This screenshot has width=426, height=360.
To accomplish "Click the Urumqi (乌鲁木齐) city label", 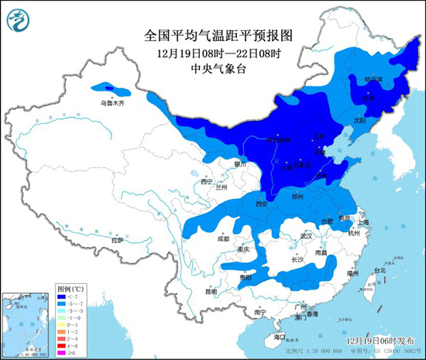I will [x=111, y=102].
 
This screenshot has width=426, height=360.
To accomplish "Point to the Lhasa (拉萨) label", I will [x=117, y=241].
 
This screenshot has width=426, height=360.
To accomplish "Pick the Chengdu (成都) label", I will [x=224, y=239].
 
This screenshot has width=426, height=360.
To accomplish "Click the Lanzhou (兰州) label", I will [x=222, y=187].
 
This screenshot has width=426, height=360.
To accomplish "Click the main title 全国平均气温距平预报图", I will [x=211, y=36].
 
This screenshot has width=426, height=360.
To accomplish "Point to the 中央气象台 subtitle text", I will [x=211, y=68].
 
